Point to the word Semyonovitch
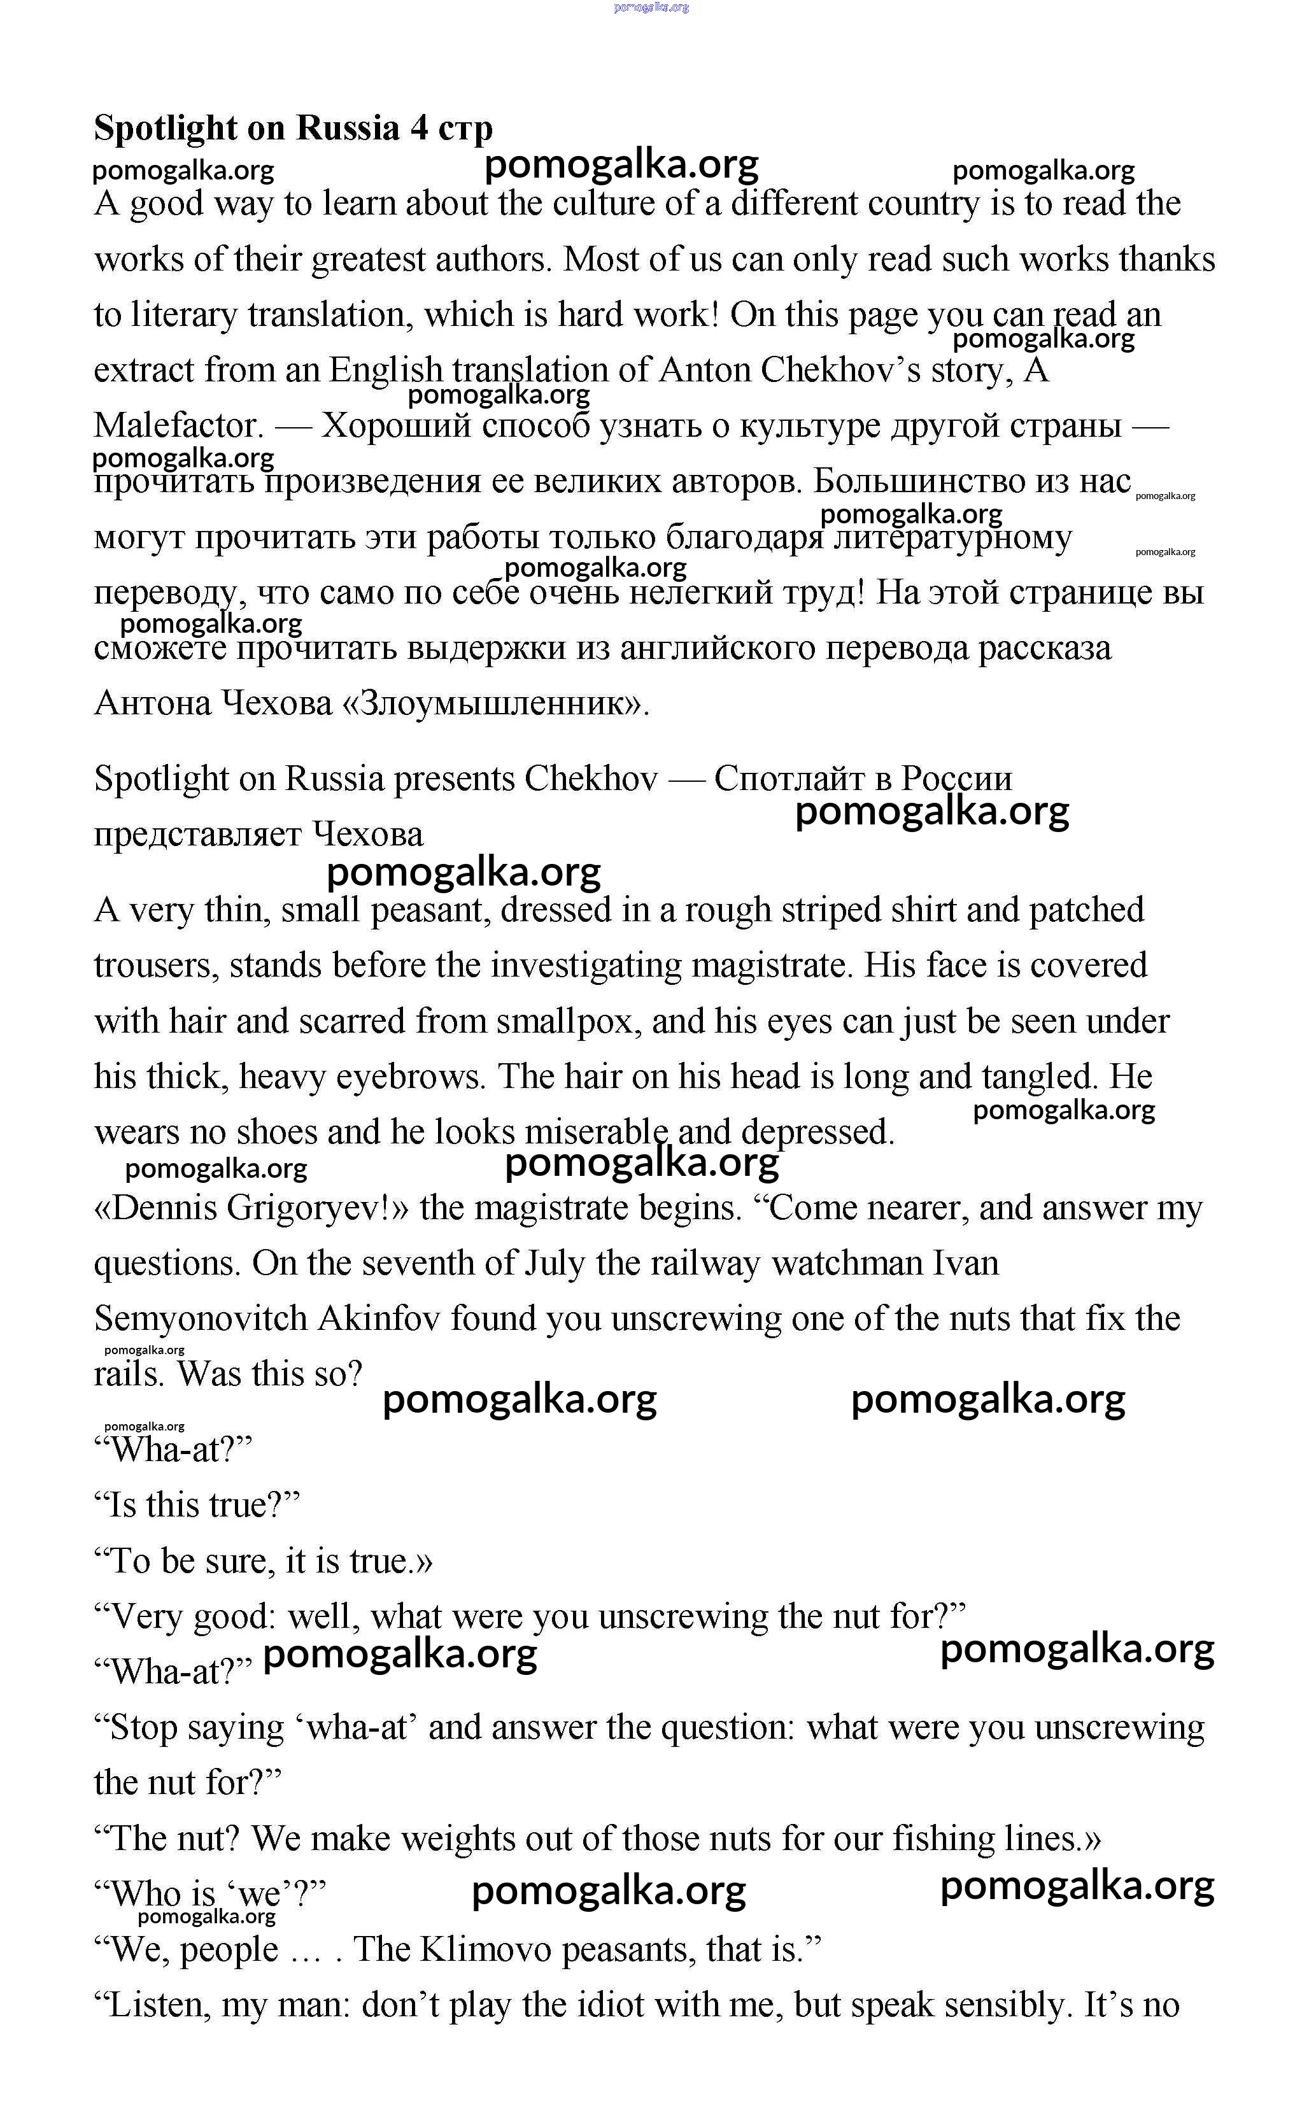tap(201, 1318)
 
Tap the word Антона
tap(152, 703)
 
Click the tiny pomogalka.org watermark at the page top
tap(651, 7)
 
